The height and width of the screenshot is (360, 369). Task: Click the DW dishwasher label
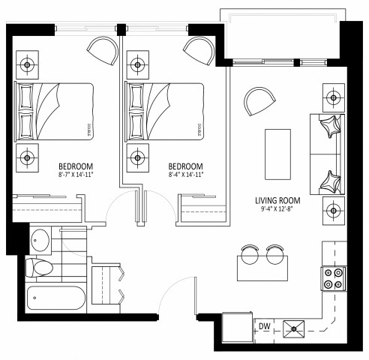263,326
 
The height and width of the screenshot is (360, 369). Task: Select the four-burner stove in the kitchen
332,278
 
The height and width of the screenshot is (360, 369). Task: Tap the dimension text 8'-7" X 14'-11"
76,175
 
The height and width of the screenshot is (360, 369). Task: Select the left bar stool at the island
250,255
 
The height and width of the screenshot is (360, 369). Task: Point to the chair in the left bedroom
103,50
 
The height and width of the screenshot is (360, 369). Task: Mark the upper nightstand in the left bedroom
28,65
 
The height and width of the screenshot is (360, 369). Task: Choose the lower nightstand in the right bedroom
136,157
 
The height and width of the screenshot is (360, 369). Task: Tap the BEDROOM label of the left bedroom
76,166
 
